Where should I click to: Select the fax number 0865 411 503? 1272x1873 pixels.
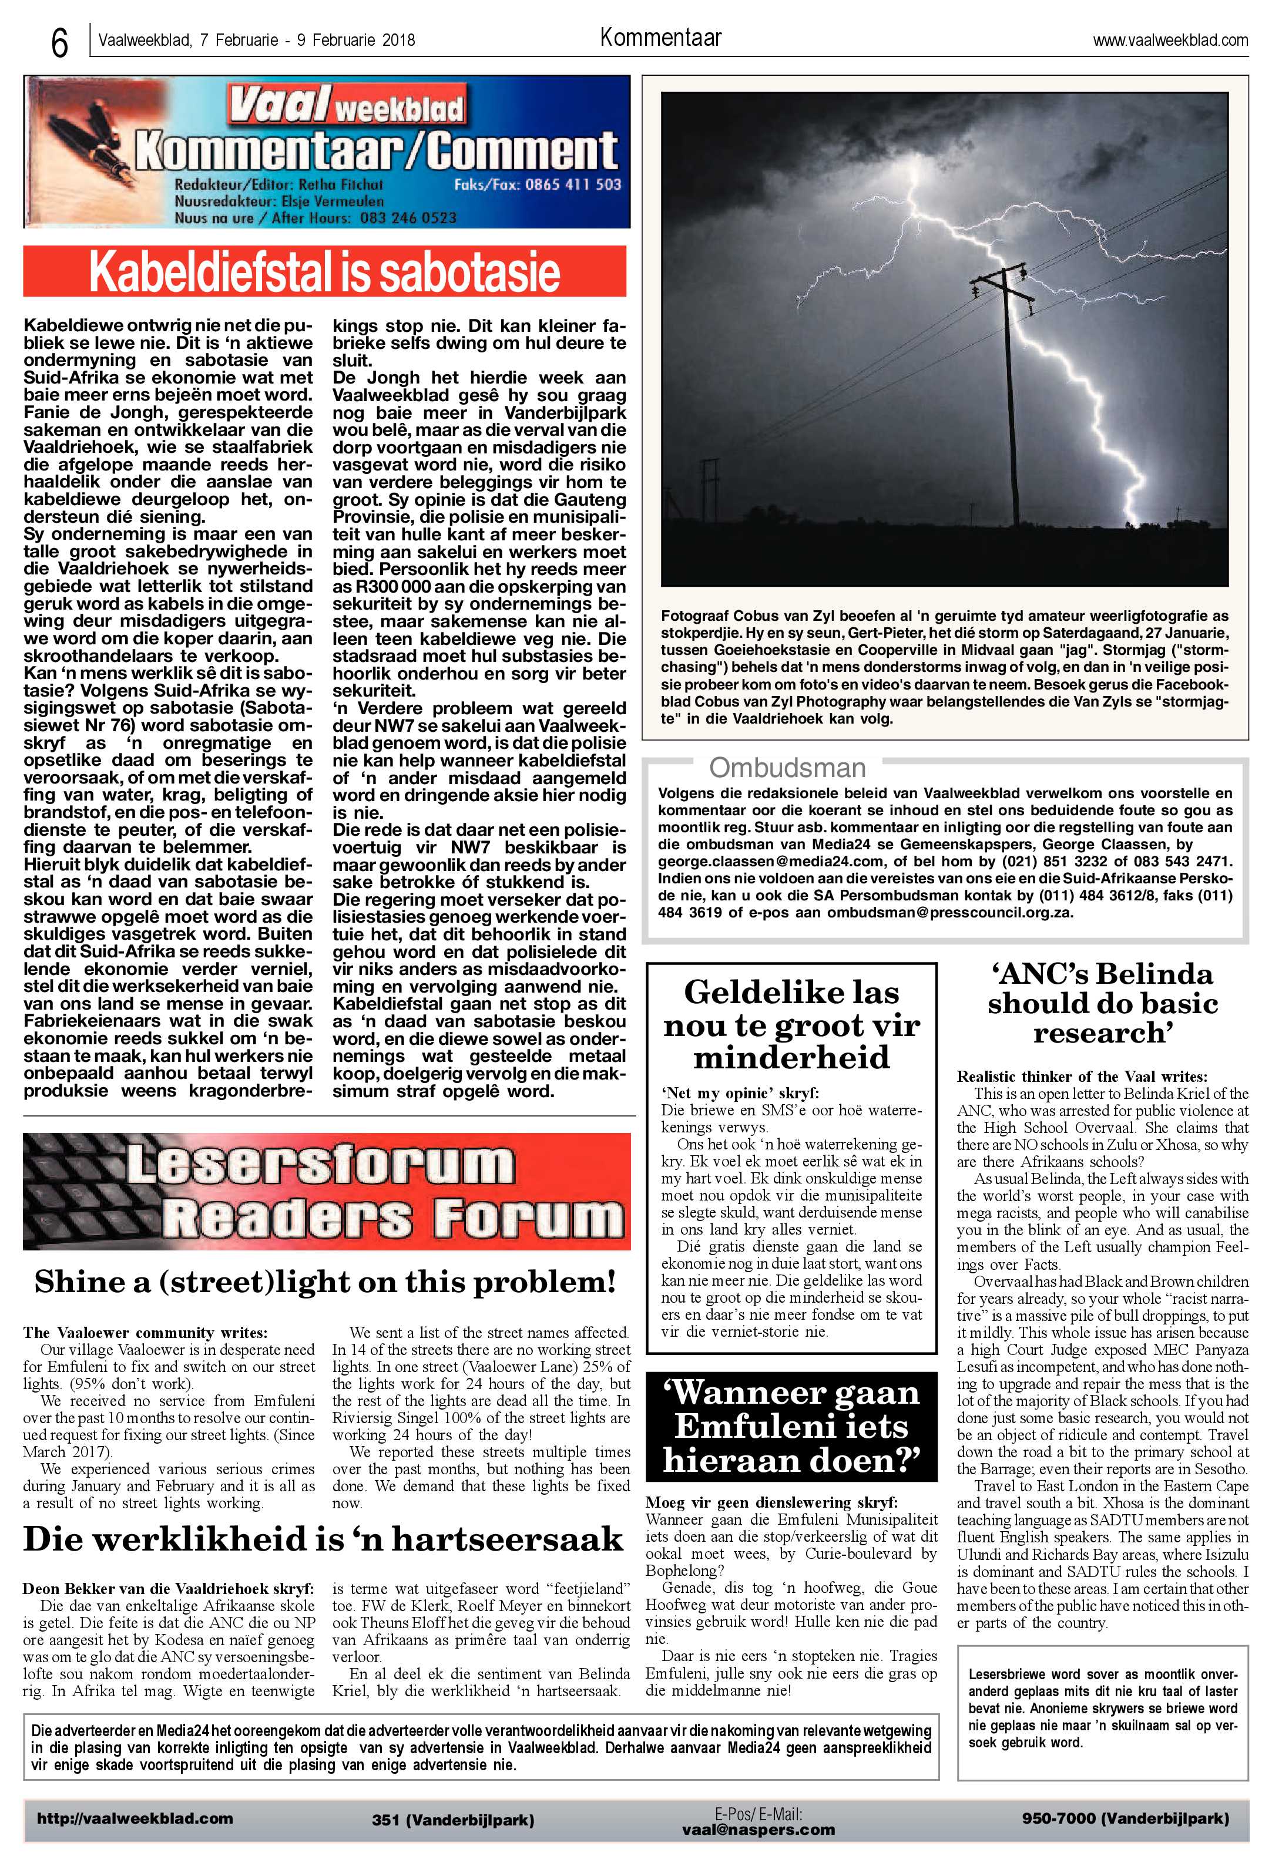(573, 184)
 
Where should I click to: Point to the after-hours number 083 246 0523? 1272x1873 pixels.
(408, 217)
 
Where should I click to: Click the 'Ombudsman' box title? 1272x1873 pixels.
(787, 767)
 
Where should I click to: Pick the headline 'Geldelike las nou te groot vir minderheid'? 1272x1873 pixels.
(791, 1024)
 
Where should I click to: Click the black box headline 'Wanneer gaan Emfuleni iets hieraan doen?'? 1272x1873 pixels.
(791, 1427)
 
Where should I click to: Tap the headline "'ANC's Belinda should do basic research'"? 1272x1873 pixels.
(1102, 1003)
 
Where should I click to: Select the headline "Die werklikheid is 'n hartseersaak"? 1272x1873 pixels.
(323, 1539)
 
